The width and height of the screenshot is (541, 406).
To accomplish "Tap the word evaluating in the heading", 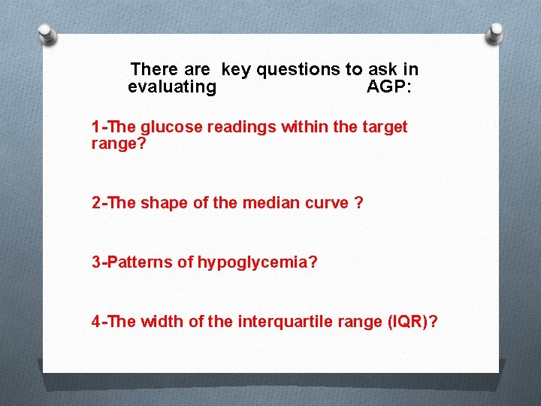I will (172, 86).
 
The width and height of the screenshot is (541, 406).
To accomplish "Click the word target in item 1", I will (385, 127).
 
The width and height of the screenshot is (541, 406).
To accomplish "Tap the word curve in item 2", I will (323, 203).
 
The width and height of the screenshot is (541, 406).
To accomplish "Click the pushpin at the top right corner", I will (496, 32).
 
